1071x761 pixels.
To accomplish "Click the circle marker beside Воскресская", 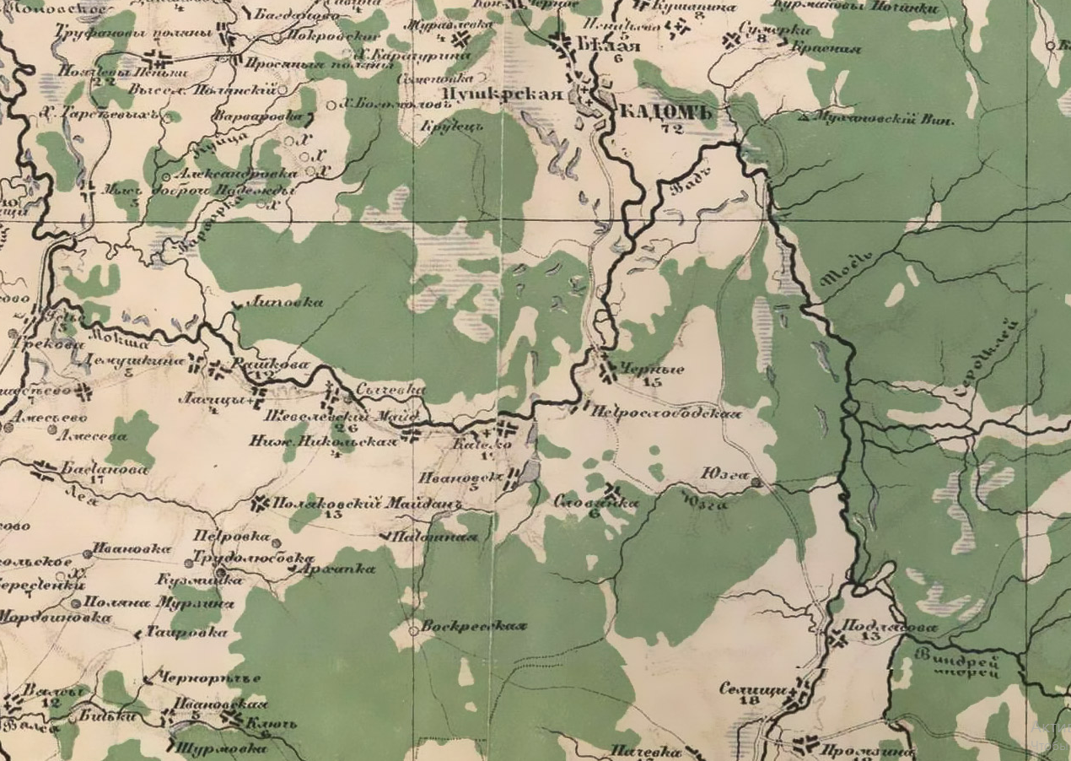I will [x=413, y=630].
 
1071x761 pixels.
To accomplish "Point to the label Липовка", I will [x=288, y=302].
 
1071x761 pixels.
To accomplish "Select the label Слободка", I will [x=596, y=501].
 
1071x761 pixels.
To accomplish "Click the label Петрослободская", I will [x=666, y=413].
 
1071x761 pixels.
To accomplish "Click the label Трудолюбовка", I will [x=253, y=558].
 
